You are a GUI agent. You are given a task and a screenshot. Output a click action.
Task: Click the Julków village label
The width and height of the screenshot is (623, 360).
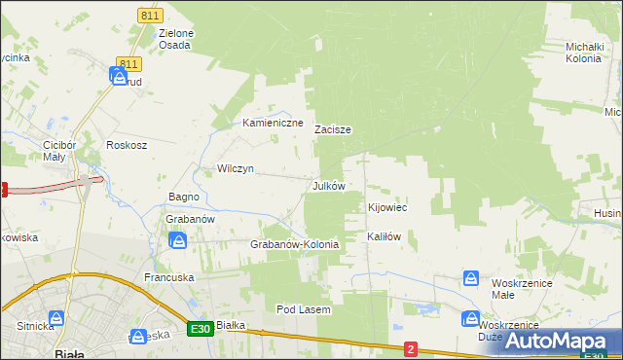pos(328,185)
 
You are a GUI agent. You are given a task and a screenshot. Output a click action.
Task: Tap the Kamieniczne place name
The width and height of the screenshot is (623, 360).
pos(274,124)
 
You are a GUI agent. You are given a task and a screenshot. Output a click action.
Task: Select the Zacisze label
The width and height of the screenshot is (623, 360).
pos(332,129)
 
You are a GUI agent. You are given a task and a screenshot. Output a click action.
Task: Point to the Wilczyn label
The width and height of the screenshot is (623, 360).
pos(236,168)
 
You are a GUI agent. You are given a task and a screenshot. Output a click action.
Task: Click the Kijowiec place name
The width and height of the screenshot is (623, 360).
pos(386,208)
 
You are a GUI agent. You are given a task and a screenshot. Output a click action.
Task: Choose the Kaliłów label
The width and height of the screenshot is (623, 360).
pos(384,236)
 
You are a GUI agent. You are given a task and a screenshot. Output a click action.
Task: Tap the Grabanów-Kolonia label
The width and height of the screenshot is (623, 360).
pos(295,244)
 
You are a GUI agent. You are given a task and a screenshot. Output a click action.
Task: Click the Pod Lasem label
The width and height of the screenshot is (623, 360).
pos(304,309)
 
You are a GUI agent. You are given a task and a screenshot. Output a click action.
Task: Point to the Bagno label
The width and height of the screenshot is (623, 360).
pos(184,197)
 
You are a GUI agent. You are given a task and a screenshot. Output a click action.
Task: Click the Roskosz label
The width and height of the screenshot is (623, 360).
pos(127,145)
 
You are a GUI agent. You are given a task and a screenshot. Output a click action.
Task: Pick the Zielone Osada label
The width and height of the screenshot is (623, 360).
pos(176,39)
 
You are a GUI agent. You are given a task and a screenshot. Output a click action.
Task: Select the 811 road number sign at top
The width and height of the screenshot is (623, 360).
pos(150,17)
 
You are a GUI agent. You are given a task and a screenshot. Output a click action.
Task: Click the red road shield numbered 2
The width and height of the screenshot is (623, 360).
pos(411,348)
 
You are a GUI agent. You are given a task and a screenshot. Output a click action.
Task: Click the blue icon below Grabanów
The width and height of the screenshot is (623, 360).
pos(178,239)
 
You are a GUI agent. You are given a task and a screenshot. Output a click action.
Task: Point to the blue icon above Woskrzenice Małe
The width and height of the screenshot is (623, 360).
pos(471,279)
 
